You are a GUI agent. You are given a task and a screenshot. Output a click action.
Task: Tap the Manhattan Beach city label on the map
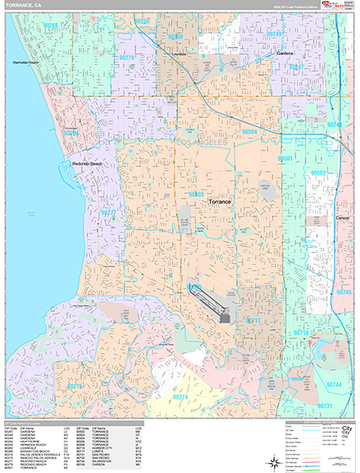point(24,61)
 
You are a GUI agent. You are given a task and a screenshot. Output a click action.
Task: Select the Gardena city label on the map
point(284,54)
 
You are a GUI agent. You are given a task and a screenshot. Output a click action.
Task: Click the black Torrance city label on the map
point(219,202)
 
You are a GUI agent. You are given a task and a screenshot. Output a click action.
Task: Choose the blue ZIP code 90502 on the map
point(318,172)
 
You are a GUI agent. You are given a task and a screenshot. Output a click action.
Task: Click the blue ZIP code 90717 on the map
point(253,321)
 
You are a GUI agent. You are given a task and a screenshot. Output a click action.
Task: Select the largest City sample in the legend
point(346,430)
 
